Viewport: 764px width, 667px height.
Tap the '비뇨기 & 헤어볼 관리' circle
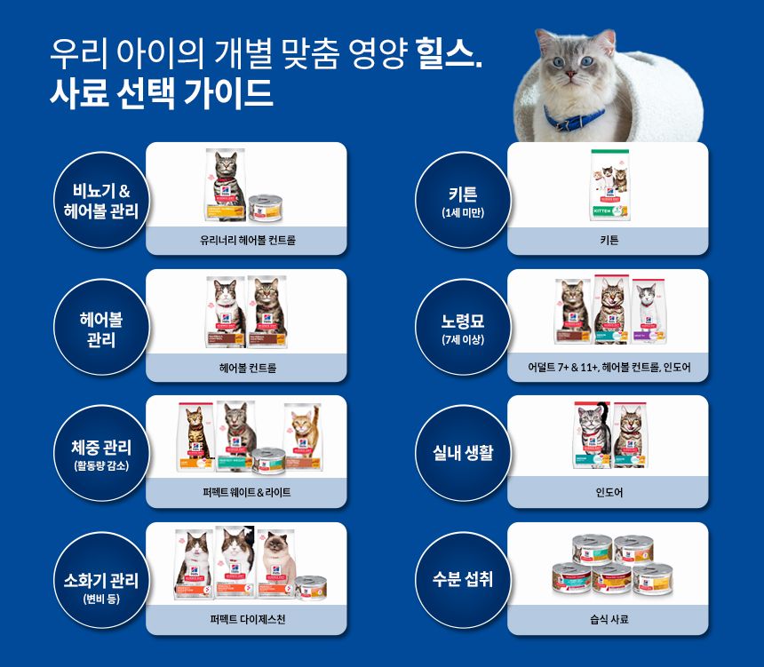[100, 201]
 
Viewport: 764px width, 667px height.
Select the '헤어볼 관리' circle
[100, 326]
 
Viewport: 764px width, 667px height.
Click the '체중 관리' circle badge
[100, 453]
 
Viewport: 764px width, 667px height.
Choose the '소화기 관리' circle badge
[100, 579]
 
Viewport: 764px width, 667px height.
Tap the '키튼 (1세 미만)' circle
[462, 201]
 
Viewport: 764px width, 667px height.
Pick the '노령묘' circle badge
[462, 326]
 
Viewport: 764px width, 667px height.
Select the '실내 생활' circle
[462, 453]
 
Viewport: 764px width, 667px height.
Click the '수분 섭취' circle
[462, 579]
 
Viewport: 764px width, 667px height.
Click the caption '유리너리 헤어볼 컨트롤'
[247, 240]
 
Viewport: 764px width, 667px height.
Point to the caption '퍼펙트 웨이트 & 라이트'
[247, 492]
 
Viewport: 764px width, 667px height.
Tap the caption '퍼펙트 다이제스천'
[247, 619]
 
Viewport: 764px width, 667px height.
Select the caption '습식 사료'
[609, 619]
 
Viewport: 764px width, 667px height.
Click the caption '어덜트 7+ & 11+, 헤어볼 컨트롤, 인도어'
[609, 367]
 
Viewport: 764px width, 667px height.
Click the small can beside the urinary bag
[264, 206]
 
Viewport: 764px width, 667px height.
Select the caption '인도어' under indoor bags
[609, 492]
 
